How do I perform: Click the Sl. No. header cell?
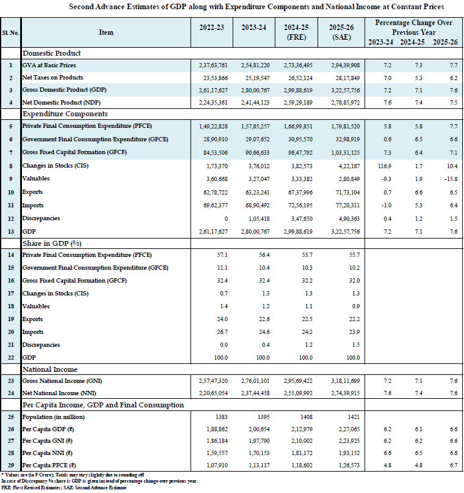tap(10, 32)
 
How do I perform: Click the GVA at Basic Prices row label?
tap(49, 65)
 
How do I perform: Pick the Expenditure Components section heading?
tap(65, 114)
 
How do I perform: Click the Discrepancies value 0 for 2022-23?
tap(226, 218)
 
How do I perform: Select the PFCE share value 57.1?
tap(222, 255)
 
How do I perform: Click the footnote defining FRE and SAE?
tap(63, 487)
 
